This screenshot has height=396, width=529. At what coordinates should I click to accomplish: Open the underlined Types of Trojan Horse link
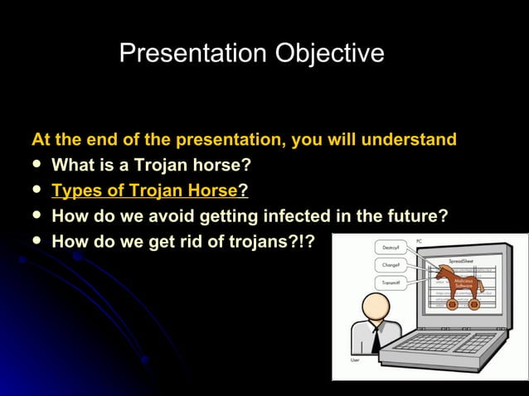pos(144,191)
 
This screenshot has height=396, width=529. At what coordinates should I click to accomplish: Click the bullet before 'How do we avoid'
pos(36,216)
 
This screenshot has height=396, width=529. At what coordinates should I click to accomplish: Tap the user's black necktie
pos(375,338)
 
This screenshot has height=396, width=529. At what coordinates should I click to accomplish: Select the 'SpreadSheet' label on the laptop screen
pos(461,259)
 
